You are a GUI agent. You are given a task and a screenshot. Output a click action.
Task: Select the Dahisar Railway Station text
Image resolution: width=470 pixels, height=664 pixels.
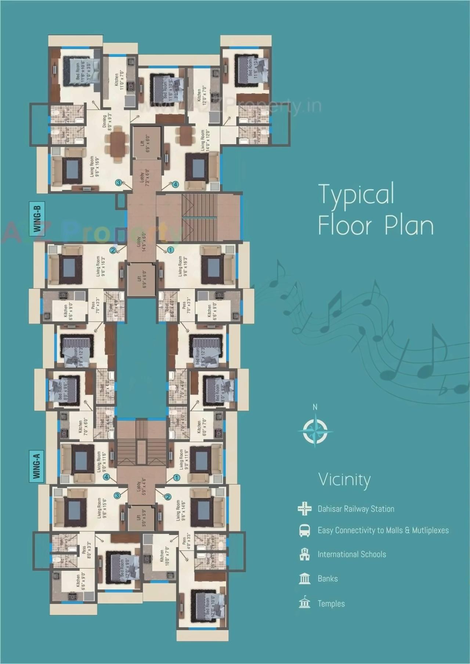coord(356,509)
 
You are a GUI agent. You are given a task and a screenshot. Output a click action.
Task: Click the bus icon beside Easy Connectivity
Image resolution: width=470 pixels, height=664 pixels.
coord(304,530)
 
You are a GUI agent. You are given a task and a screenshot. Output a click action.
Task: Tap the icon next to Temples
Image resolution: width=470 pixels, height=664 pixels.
coord(304,603)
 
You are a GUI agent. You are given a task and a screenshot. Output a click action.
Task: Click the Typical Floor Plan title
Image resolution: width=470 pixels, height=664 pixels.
coord(375,209)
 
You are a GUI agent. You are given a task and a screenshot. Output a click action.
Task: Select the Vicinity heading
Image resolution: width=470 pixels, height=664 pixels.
coord(344,479)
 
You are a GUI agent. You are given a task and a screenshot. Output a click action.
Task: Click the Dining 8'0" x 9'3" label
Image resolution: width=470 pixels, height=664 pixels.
coord(106,122)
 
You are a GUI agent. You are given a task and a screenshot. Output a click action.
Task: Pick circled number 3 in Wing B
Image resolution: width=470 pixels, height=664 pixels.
coord(118,183)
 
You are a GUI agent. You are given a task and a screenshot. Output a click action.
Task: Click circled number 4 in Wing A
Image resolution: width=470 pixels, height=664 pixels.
coord(106,477)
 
